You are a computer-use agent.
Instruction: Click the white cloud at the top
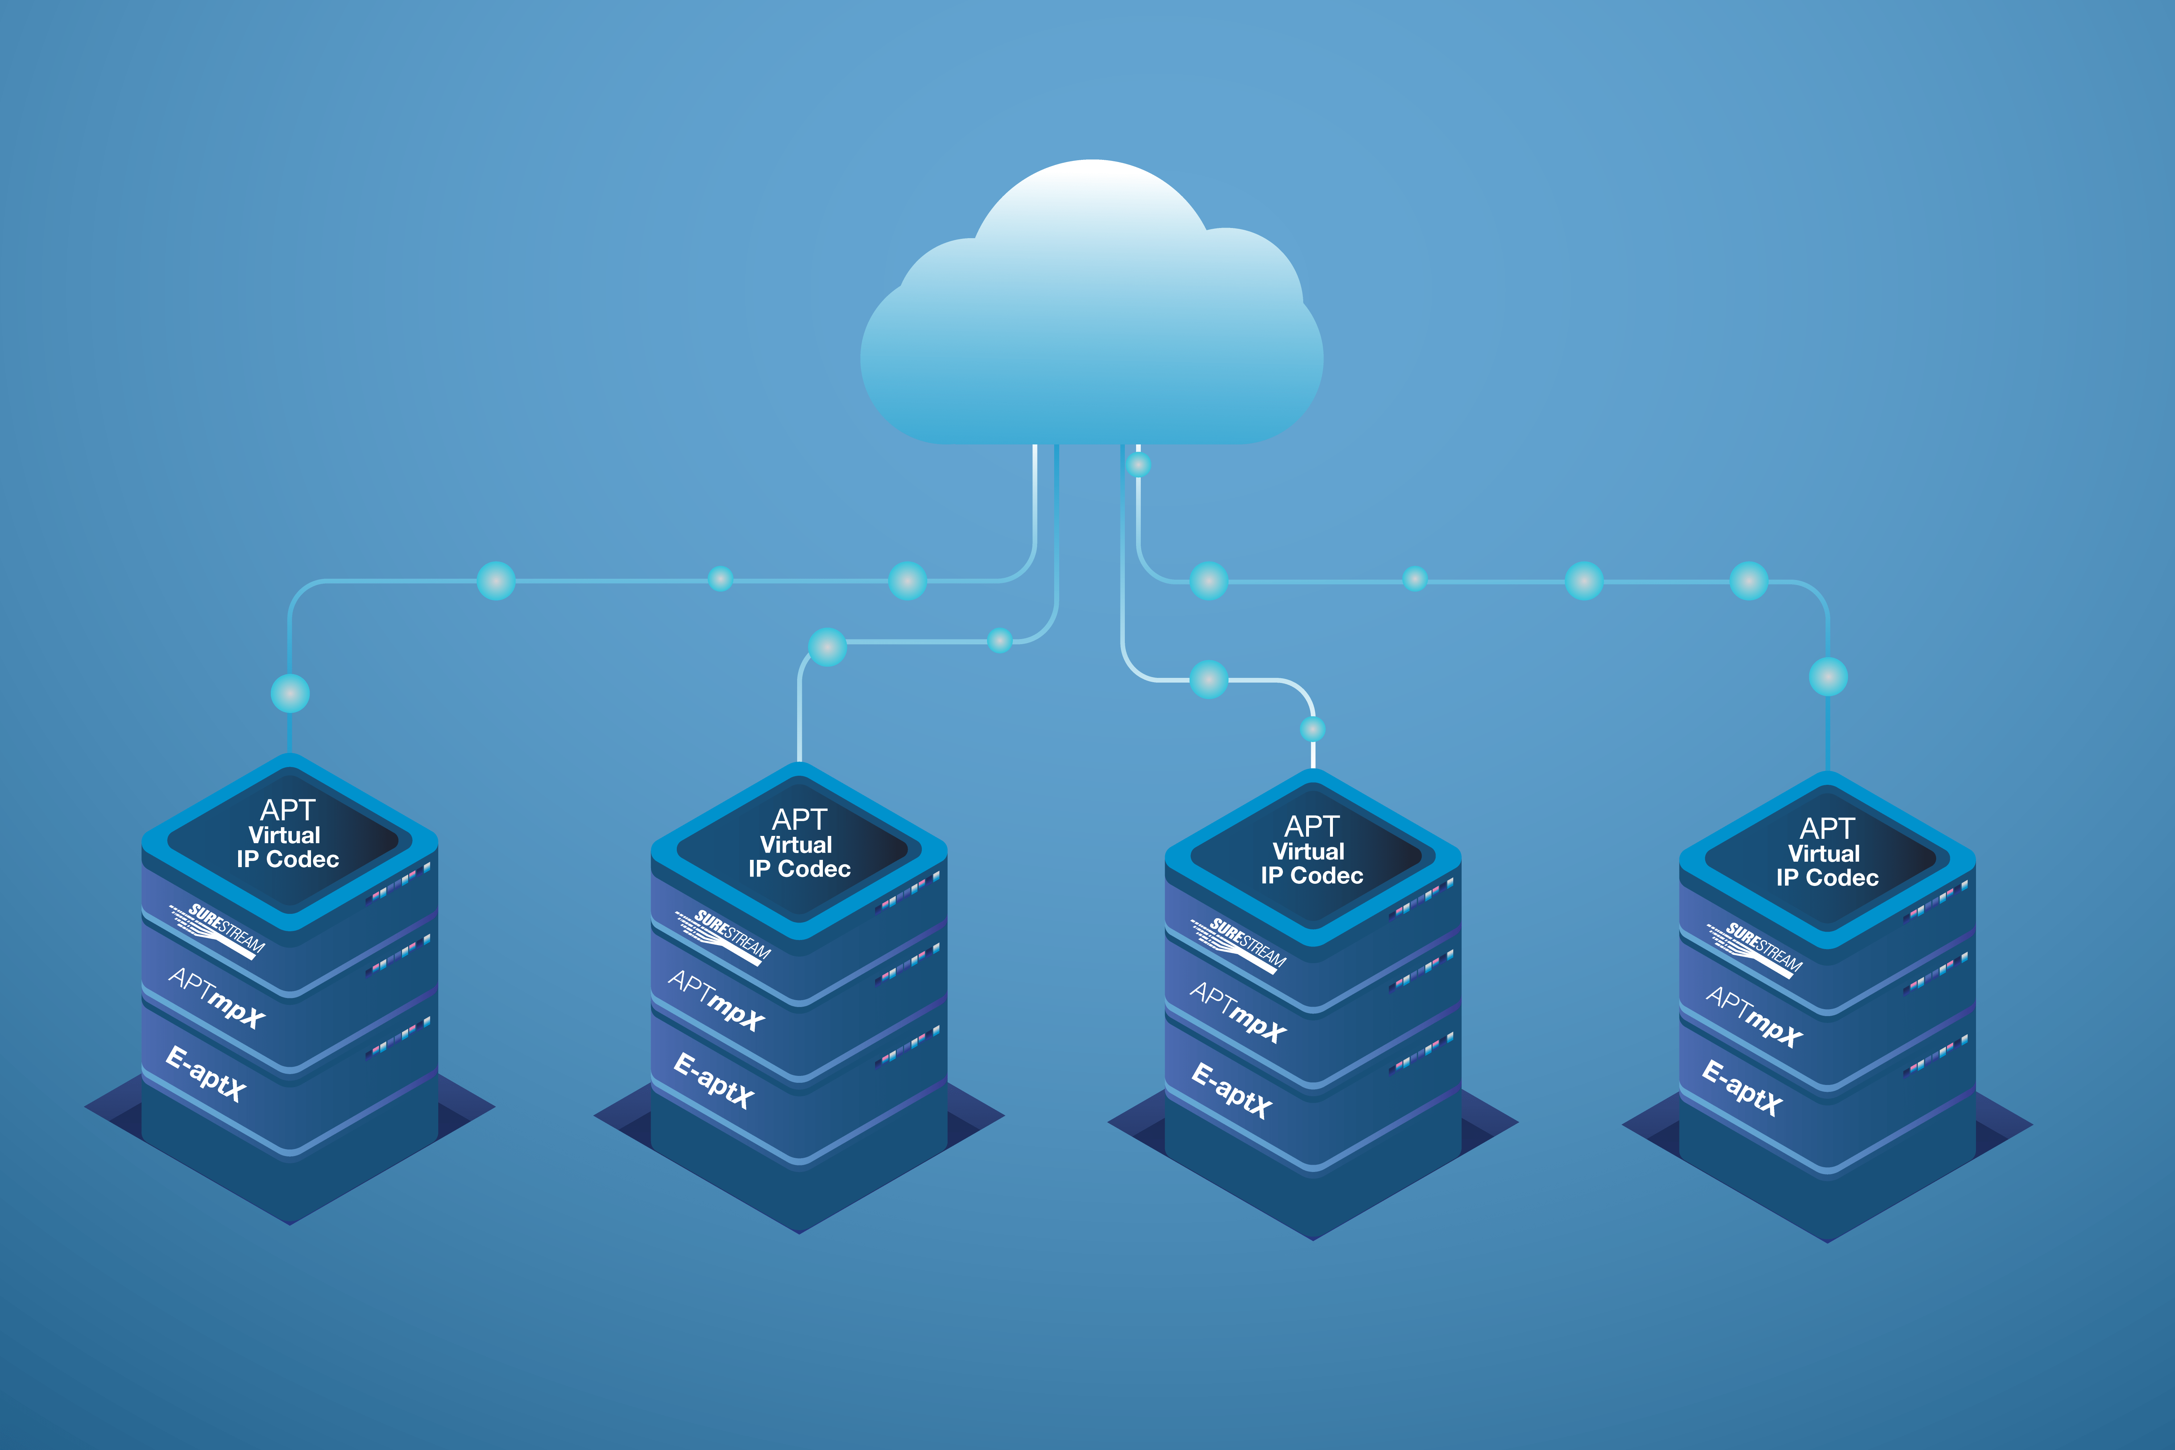1091,314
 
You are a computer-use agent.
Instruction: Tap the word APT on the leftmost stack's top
287,810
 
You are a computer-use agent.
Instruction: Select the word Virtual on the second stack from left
796,844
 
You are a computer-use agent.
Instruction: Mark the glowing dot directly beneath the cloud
1138,464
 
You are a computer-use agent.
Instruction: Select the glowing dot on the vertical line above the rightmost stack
1828,677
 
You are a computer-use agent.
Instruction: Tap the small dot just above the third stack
1312,729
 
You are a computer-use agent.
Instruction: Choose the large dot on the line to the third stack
1209,680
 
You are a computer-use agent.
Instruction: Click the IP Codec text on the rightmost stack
1827,878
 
